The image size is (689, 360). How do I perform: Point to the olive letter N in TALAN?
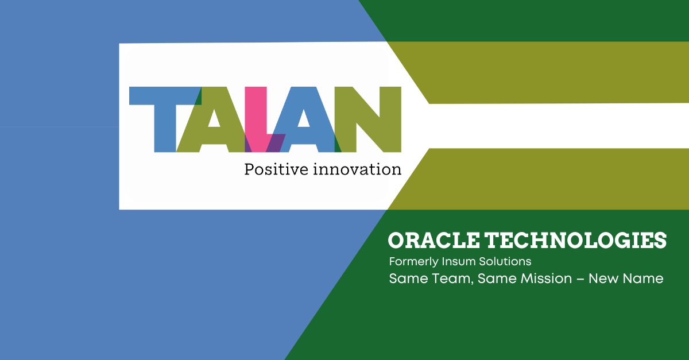pyautogui.click(x=368, y=119)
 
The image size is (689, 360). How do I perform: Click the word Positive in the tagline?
pyautogui.click(x=276, y=169)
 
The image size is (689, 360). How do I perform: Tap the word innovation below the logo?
pyautogui.click(x=357, y=169)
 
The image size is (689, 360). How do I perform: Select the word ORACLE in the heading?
pyautogui.click(x=433, y=241)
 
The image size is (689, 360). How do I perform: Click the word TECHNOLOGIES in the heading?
pyautogui.click(x=576, y=241)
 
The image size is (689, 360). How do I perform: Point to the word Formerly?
pyautogui.click(x=413, y=262)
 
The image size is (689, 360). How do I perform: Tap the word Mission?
pyautogui.click(x=546, y=278)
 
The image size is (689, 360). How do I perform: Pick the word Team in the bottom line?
pyautogui.click(x=452, y=279)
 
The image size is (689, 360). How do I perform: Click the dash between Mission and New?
pyautogui.click(x=580, y=279)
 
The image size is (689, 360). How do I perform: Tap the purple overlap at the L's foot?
pyautogui.click(x=275, y=143)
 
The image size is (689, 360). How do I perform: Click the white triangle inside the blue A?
pyautogui.click(x=304, y=118)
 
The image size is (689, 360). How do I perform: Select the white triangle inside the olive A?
pyautogui.click(x=214, y=118)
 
